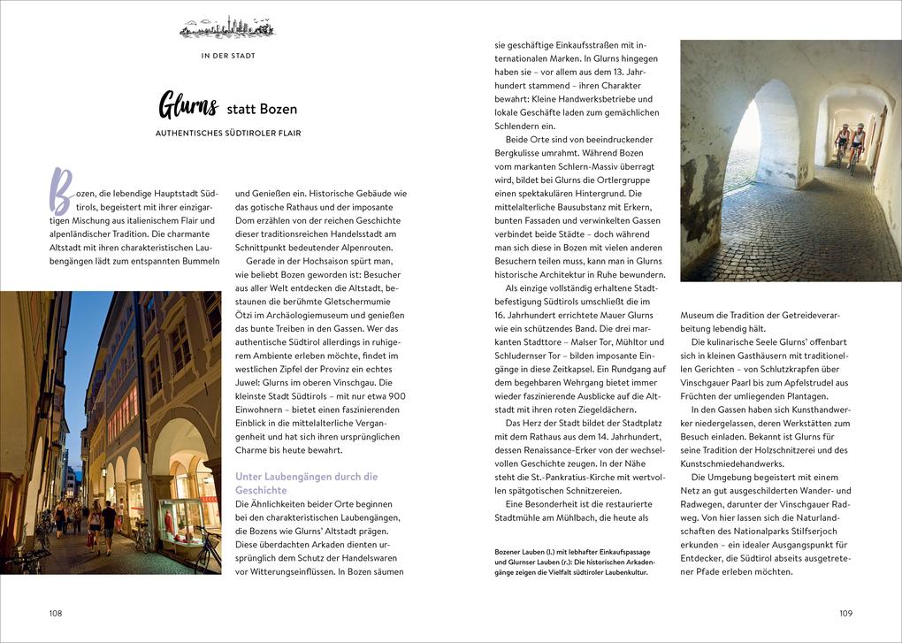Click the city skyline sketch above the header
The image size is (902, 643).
click(x=227, y=28)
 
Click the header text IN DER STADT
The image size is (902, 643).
click(x=227, y=56)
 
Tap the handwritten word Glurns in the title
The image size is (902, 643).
click(x=187, y=106)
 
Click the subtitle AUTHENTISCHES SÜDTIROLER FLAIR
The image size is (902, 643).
click(x=227, y=134)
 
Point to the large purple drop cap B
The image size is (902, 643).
click(x=60, y=190)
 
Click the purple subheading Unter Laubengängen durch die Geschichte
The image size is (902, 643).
click(x=306, y=482)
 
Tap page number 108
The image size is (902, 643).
click(x=56, y=612)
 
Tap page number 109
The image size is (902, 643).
click(x=845, y=612)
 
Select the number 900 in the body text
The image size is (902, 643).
click(x=396, y=395)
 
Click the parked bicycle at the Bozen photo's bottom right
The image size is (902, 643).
click(x=205, y=548)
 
